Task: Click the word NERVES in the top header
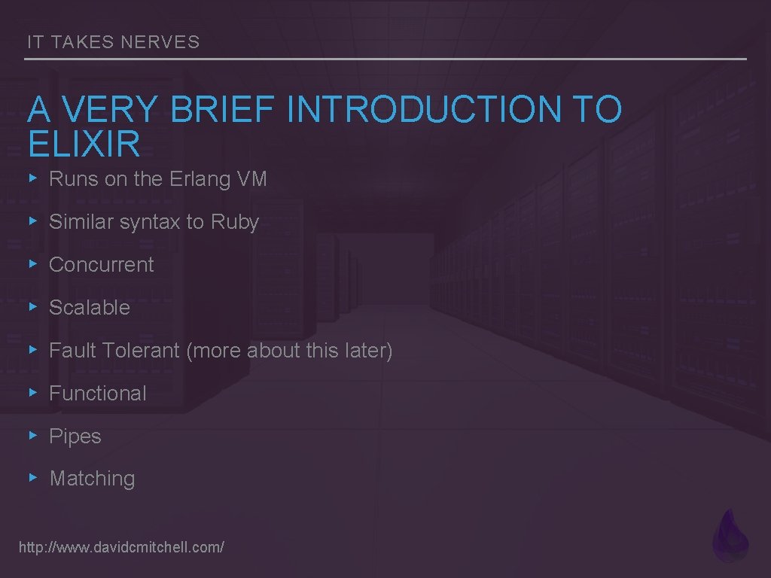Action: pyautogui.click(x=160, y=42)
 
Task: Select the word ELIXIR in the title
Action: pyautogui.click(x=84, y=144)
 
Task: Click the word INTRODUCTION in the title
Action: pyautogui.click(x=425, y=110)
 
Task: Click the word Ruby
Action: pyautogui.click(x=235, y=222)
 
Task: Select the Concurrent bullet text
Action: pyautogui.click(x=101, y=265)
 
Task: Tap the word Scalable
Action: pyautogui.click(x=90, y=308)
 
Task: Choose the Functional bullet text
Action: pyautogui.click(x=98, y=394)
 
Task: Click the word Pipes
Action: pyautogui.click(x=75, y=437)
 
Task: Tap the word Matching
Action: pyautogui.click(x=93, y=479)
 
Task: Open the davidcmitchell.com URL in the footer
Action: pyautogui.click(x=121, y=547)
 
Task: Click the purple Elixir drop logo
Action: pyautogui.click(x=730, y=536)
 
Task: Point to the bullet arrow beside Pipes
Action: pyautogui.click(x=32, y=435)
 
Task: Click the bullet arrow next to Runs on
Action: pyautogui.click(x=32, y=178)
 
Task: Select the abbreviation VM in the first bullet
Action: pyautogui.click(x=252, y=179)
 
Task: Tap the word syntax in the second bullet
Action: pyautogui.click(x=150, y=223)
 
